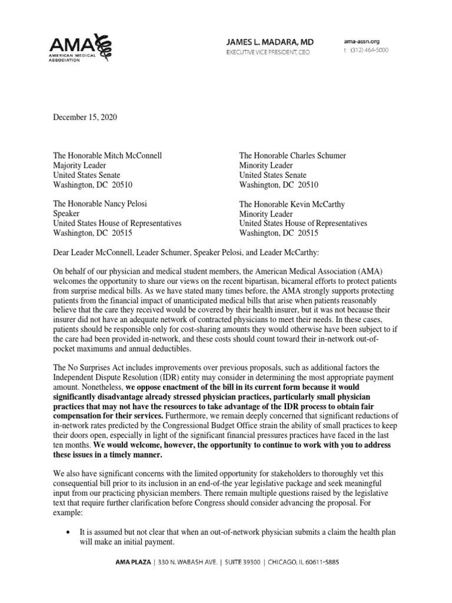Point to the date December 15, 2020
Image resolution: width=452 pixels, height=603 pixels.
[85, 117]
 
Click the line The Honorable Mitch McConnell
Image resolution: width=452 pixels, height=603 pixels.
[107, 155]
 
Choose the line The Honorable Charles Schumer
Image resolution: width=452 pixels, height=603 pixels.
[292, 155]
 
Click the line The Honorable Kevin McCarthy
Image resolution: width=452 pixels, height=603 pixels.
[291, 204]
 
